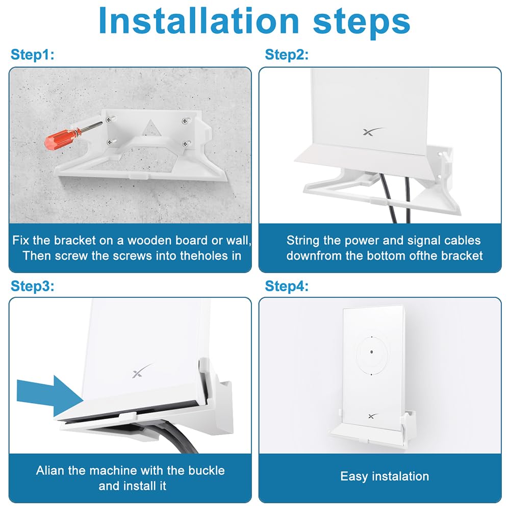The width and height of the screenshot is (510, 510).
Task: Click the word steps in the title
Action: coord(357,21)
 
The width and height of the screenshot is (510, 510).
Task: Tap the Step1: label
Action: coord(32,55)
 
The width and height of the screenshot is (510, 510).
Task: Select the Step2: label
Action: coord(287,55)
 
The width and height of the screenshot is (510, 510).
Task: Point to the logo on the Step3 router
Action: coord(140,371)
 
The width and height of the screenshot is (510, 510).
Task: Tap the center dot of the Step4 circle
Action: coord(372,352)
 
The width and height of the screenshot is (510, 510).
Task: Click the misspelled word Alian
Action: coord(50,470)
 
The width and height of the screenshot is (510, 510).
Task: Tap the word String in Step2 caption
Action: coord(303,240)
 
